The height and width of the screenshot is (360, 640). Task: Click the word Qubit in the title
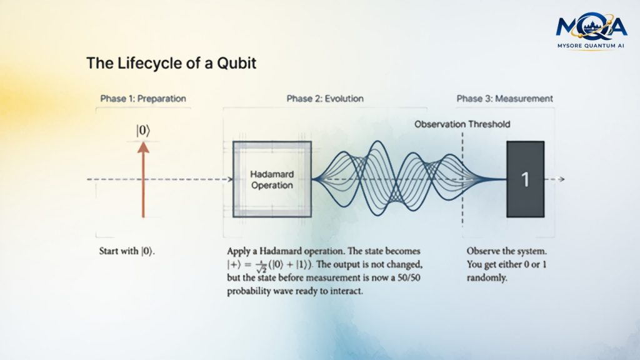click(236, 63)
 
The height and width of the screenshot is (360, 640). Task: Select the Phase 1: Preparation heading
click(143, 98)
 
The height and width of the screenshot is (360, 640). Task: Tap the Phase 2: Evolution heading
click(325, 98)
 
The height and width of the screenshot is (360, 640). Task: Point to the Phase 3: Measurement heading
click(504, 98)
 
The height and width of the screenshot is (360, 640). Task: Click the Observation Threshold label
click(462, 124)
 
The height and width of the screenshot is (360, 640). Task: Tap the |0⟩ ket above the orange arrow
click(143, 131)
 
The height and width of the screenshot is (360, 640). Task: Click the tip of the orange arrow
click(143, 142)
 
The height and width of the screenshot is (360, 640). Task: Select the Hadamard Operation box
click(272, 179)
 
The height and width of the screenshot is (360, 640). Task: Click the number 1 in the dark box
click(525, 179)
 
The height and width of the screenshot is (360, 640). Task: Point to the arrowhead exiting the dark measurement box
click(562, 179)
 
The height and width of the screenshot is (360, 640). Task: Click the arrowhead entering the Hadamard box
click(230, 179)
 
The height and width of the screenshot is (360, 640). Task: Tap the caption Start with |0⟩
click(127, 251)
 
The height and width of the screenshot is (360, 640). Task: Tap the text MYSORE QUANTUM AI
click(591, 46)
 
